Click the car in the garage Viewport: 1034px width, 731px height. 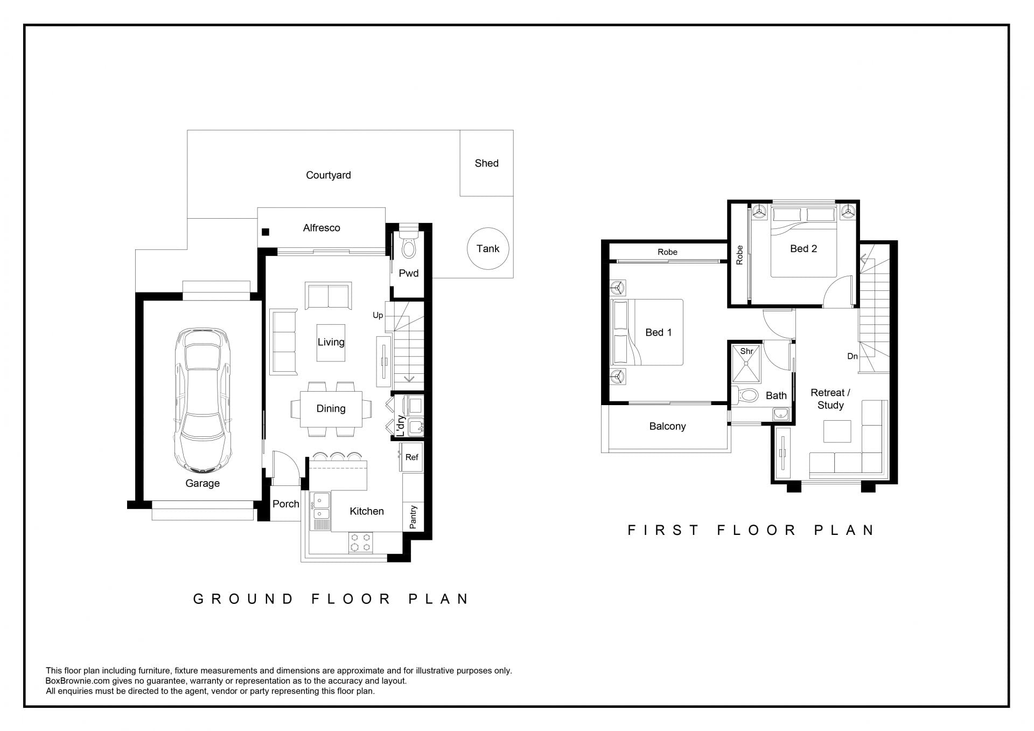pos(203,400)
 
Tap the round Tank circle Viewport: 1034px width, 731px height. pos(488,248)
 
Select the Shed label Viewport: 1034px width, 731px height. pos(486,163)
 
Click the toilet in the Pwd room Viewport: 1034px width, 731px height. pos(409,246)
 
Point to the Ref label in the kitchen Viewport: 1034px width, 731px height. pos(411,457)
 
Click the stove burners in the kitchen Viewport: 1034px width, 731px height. pos(361,542)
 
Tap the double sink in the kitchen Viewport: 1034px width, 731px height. pos(321,506)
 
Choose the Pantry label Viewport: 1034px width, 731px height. pos(413,517)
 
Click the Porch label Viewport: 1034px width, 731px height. pos(285,504)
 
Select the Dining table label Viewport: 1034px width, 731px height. pos(331,408)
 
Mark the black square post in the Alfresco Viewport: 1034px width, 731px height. pos(265,232)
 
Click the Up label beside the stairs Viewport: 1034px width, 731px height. pos(378,315)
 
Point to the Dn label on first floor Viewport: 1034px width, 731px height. pos(853,356)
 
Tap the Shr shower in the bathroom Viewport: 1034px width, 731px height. pos(746,364)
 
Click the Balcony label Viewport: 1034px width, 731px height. pos(667,426)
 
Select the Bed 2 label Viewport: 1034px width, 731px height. pos(804,248)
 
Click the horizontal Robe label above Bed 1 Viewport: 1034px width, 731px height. pos(667,252)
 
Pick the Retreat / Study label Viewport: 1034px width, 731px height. pos(830,399)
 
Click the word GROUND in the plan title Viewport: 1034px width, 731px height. pos(243,599)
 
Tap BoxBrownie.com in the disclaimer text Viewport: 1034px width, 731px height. pos(78,681)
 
